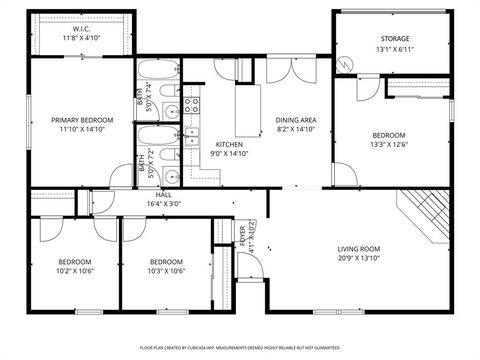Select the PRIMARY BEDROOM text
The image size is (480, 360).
(82, 120)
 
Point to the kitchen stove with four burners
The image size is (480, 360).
(197, 104)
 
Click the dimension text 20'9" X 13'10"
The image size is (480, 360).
(357, 258)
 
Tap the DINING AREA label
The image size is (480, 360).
(296, 120)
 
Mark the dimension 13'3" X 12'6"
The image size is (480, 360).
(389, 143)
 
